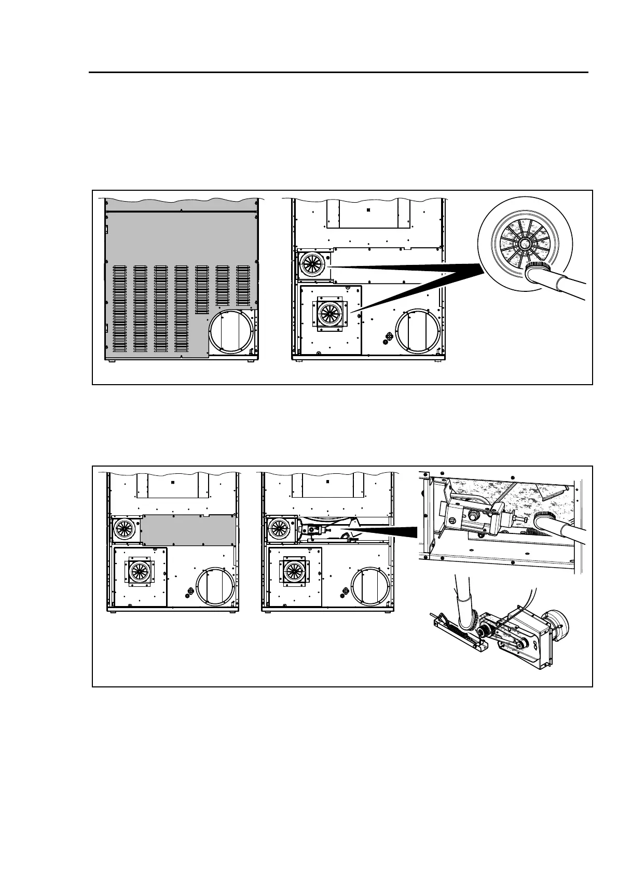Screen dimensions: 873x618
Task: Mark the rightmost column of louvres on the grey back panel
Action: point(243,286)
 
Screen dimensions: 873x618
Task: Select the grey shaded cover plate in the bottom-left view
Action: point(189,530)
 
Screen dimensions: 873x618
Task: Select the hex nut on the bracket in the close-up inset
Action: point(473,516)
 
